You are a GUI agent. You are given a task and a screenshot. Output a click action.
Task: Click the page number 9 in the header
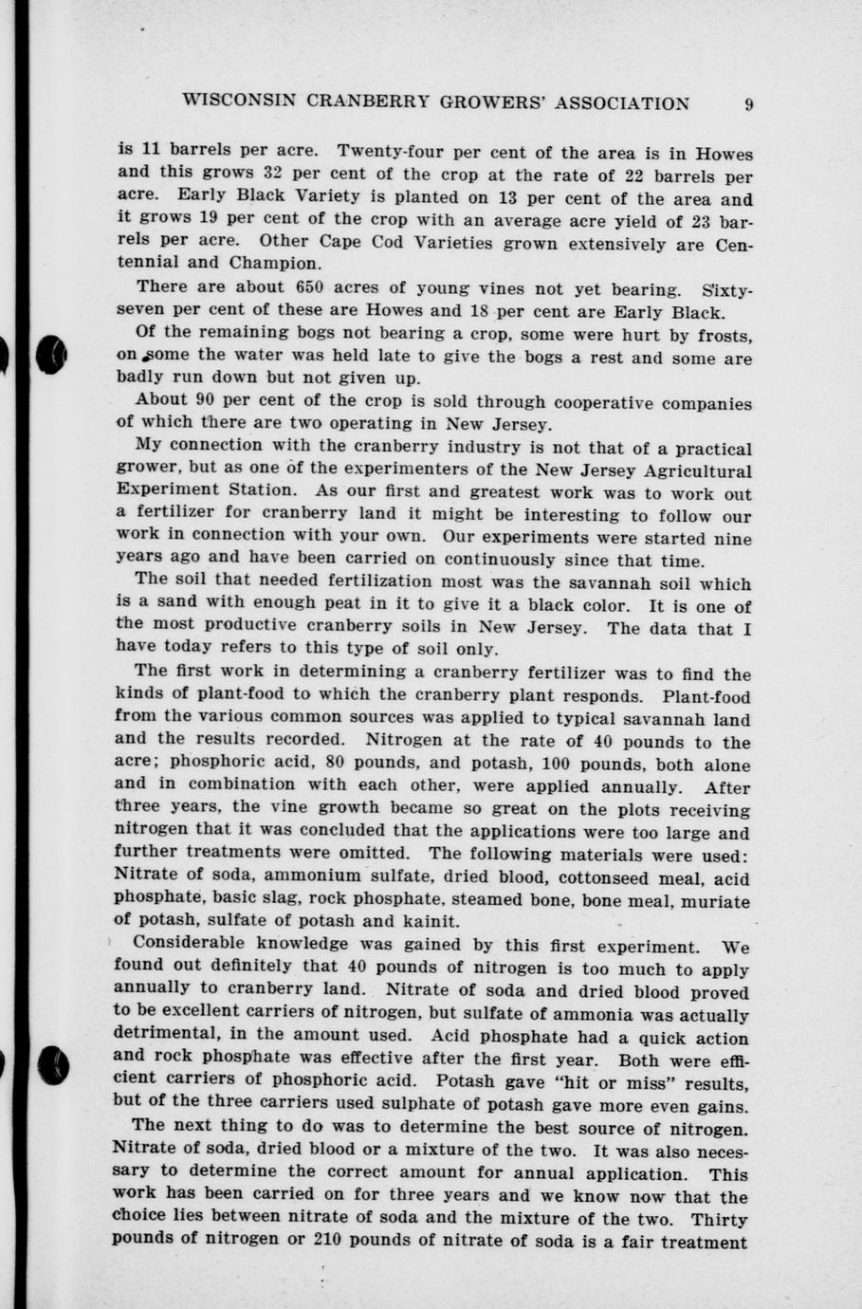click(x=748, y=104)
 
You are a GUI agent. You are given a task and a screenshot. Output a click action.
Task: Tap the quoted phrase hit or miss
click(x=622, y=1080)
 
